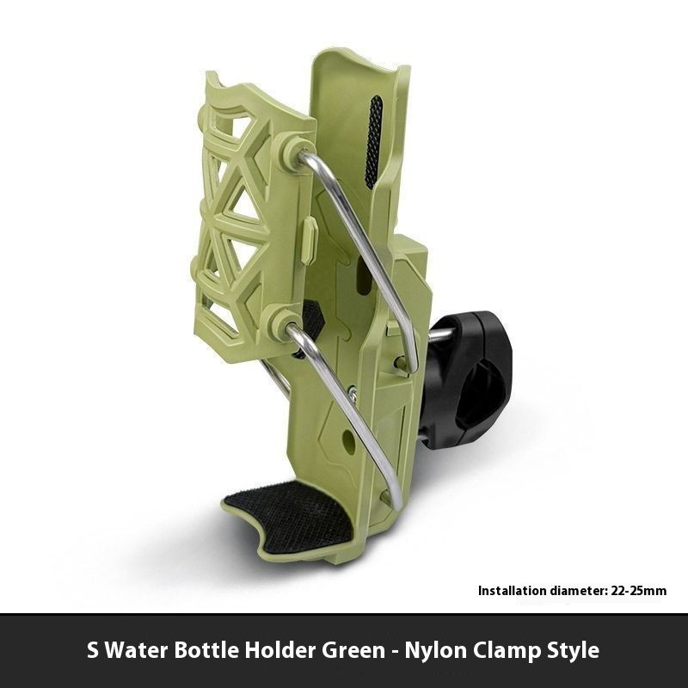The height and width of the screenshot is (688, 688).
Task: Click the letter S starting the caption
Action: click(x=94, y=649)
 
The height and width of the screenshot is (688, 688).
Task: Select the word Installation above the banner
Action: click(x=512, y=591)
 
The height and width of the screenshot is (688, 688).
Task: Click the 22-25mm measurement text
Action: click(x=639, y=591)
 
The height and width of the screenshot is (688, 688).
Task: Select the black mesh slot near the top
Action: click(x=373, y=142)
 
